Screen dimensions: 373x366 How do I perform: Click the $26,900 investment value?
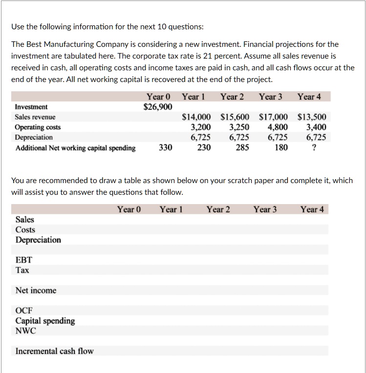tap(157, 107)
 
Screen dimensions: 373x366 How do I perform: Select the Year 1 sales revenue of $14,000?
tap(196, 117)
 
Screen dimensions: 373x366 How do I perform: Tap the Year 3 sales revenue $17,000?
tap(273, 117)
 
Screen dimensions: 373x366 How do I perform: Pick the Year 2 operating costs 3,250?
tap(239, 127)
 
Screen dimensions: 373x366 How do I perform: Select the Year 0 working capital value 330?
tap(165, 147)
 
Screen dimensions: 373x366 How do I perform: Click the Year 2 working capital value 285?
tap(242, 147)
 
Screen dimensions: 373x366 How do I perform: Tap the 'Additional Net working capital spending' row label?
tap(75, 148)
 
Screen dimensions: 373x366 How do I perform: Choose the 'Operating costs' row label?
tap(38, 127)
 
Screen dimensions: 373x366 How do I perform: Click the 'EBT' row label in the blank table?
tap(23, 260)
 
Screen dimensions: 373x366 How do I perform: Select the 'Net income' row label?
tap(36, 290)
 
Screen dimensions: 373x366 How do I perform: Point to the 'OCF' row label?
tap(24, 311)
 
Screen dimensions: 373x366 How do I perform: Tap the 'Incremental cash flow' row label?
tap(54, 351)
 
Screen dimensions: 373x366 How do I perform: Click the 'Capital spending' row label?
tap(45, 321)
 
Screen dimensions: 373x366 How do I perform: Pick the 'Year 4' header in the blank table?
tap(312, 209)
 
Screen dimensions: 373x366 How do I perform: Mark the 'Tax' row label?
tap(22, 270)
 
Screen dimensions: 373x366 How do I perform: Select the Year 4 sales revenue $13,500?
tap(312, 117)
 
